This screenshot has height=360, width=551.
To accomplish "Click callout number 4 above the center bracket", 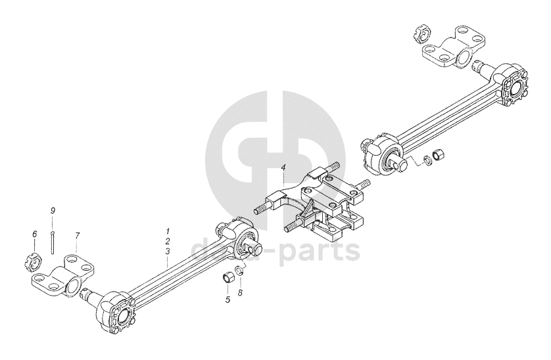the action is click(x=283, y=168).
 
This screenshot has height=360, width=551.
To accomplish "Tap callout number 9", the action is click(x=53, y=210).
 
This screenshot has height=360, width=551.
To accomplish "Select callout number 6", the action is click(x=34, y=234).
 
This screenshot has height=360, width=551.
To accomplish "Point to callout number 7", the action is click(x=77, y=235).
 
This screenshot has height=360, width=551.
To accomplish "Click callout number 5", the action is click(x=228, y=300).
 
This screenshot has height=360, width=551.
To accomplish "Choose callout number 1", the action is click(x=168, y=231).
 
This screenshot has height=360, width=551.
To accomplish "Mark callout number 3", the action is click(x=168, y=252).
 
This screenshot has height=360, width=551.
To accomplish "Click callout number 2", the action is click(x=168, y=241).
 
